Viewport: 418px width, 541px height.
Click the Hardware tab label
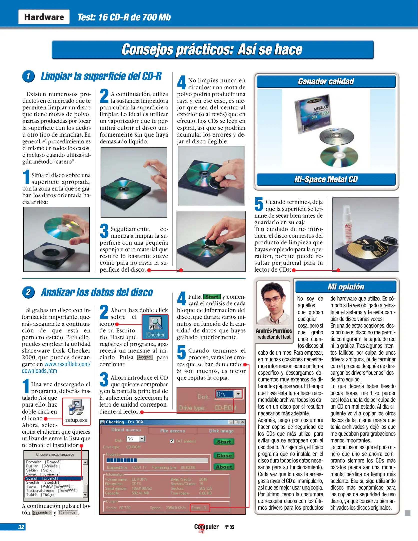(44, 17)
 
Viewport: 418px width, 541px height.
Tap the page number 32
(21, 527)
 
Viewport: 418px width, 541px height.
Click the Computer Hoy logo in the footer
(206, 527)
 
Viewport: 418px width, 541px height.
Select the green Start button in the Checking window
(224, 442)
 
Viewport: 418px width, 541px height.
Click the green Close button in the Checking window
(224, 455)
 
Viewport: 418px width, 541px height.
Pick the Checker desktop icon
(155, 327)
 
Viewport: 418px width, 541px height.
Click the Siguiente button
(42, 512)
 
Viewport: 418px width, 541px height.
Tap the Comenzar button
(68, 512)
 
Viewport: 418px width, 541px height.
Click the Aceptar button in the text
(145, 357)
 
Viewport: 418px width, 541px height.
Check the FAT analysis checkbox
(172, 441)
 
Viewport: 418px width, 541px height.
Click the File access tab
(172, 431)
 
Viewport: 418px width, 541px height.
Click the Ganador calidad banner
(326, 81)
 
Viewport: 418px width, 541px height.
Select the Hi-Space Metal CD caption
(326, 179)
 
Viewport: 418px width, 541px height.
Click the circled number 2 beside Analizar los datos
(28, 292)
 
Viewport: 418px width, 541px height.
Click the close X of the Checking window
(242, 422)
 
